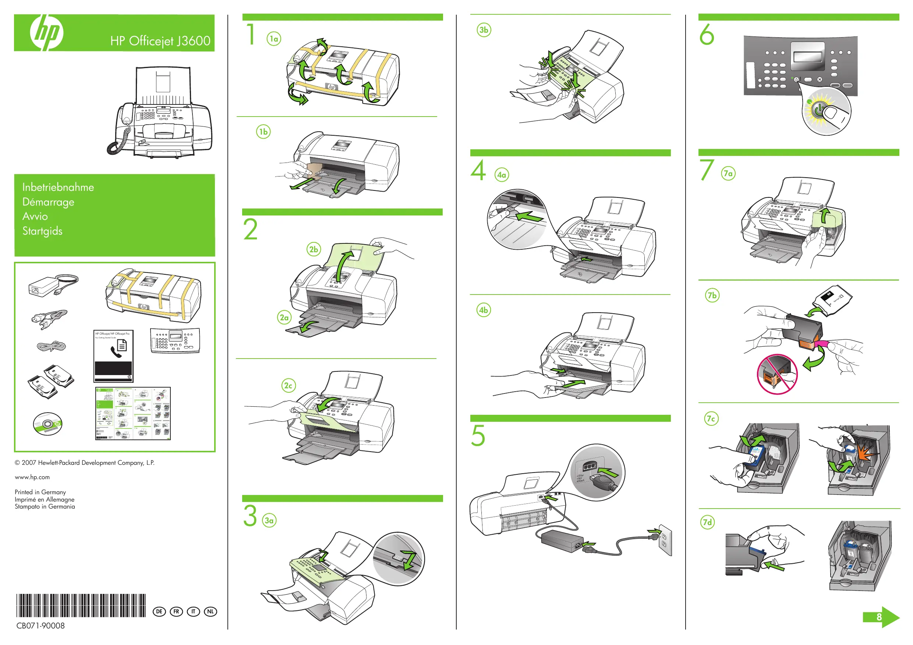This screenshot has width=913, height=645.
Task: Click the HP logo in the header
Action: click(46, 33)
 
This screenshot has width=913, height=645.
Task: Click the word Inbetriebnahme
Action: click(58, 187)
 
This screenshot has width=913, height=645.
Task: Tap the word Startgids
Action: click(42, 231)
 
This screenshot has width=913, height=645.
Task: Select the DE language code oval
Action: click(159, 612)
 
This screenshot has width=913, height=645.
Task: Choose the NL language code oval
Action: click(210, 612)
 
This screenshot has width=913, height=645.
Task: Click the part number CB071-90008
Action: click(40, 626)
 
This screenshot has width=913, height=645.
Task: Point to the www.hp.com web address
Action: click(32, 477)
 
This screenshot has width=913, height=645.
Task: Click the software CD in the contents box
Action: click(48, 424)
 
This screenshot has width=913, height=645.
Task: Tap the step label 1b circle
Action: click(263, 132)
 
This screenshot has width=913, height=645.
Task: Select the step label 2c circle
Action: click(288, 385)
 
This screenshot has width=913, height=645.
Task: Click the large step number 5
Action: click(478, 435)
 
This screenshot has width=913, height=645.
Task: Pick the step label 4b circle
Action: click(484, 310)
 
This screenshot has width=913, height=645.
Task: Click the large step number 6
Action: click(707, 35)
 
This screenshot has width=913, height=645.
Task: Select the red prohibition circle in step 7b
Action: click(777, 374)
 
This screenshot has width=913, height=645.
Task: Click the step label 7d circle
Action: click(707, 522)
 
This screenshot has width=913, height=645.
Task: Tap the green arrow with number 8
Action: click(880, 617)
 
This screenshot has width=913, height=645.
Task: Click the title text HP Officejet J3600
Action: click(160, 41)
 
